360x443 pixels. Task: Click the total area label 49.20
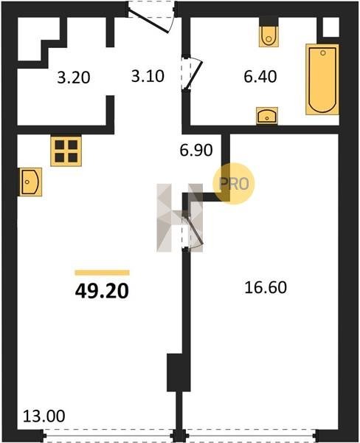coord(102,291)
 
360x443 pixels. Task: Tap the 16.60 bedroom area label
coord(266,287)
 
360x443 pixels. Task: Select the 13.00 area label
coord(44,416)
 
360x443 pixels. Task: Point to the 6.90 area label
coord(196,151)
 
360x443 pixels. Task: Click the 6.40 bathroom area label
coord(260,77)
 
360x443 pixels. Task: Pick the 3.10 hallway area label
coord(148,76)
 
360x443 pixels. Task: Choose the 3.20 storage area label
coord(74,78)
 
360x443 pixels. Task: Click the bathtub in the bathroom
coord(322,80)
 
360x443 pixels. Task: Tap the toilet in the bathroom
coord(269,36)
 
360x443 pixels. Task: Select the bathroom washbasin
coord(267,116)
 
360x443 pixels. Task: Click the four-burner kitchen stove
coord(66,151)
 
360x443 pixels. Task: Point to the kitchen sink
coord(30,182)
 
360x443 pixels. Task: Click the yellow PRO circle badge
coord(234,184)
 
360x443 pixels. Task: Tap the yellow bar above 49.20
coord(103,272)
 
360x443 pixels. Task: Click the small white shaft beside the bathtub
coord(331,27)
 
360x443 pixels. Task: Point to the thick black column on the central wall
coord(175,372)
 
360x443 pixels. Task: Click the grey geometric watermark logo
coord(180,218)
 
